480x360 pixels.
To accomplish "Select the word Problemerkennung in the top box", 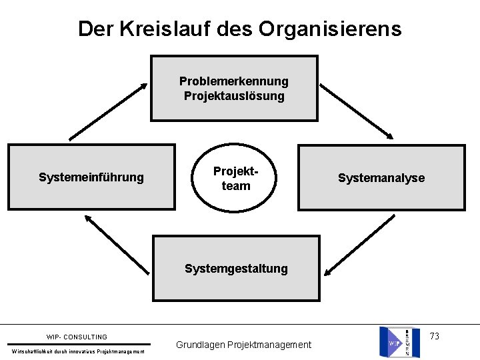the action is (234, 81).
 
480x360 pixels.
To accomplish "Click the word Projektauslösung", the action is (234, 96).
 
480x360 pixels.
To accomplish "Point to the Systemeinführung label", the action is (91, 177).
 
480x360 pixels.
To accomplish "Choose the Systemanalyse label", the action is (381, 178).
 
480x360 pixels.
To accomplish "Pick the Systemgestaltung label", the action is (236, 269).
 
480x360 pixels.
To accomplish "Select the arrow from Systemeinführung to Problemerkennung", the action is (108, 111).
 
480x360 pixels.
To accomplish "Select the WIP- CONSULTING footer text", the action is (77, 337).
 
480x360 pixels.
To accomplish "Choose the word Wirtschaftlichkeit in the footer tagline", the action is (32, 351).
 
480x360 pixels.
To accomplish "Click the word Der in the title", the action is (91, 29).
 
